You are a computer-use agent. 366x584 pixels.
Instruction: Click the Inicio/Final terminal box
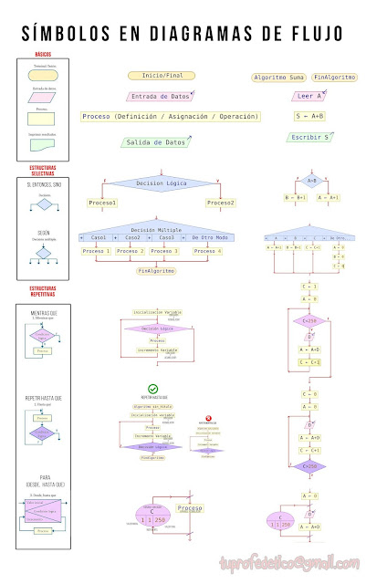[162, 76]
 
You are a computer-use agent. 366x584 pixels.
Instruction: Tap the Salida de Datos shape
[163, 142]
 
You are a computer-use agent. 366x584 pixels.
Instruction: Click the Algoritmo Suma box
[278, 78]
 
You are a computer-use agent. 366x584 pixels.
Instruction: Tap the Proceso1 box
[102, 203]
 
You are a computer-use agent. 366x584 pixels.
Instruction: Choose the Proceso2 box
[220, 203]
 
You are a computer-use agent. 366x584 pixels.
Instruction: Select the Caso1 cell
[99, 237]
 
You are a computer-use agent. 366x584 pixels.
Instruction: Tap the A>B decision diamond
[311, 180]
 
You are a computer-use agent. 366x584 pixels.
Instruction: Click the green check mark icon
[153, 389]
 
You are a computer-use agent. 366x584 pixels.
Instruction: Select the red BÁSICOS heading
[43, 55]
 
